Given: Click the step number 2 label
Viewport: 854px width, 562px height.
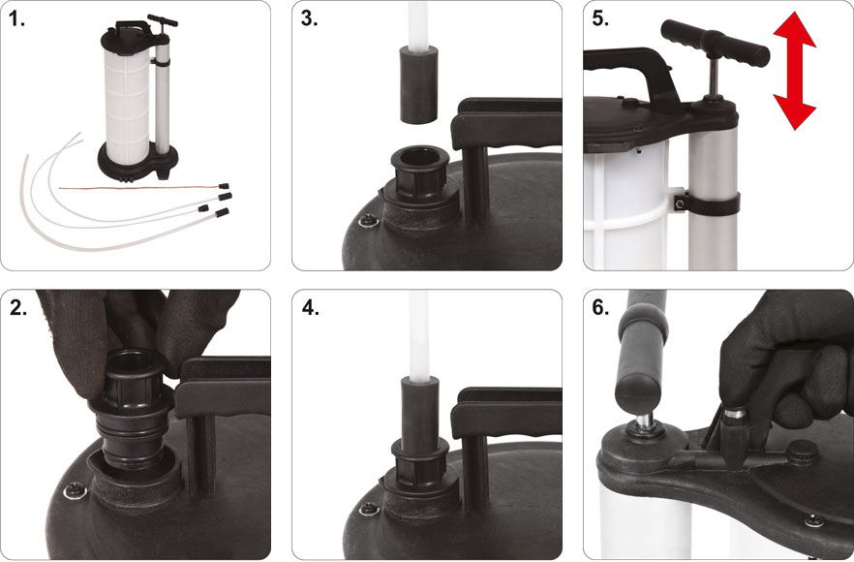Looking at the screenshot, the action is click(x=18, y=307).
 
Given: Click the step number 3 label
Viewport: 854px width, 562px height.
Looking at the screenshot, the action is click(x=309, y=18).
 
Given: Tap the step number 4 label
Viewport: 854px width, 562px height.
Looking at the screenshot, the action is click(x=310, y=307).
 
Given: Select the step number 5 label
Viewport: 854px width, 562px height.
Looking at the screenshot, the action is click(x=600, y=18).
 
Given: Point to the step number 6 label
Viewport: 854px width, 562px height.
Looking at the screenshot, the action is click(x=600, y=307).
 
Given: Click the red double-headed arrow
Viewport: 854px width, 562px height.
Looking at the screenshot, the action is click(x=794, y=71).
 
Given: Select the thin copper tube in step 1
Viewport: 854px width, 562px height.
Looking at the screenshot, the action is click(x=142, y=188).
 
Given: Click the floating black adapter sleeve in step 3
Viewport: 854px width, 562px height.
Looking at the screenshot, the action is click(x=419, y=85).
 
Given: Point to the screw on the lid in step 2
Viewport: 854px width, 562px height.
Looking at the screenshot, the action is click(x=76, y=490).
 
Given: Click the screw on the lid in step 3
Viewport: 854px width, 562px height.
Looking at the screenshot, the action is click(x=369, y=220).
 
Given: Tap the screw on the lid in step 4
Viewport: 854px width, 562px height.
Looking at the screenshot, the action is click(x=369, y=509).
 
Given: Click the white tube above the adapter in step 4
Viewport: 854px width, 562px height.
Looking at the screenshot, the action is click(x=419, y=336).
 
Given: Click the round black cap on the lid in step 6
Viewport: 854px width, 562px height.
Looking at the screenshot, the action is click(x=803, y=451).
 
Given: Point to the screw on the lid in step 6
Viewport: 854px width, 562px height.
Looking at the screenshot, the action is click(x=814, y=520).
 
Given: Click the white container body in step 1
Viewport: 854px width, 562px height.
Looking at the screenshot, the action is click(x=127, y=107).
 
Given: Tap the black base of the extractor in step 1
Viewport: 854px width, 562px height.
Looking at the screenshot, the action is click(x=137, y=162).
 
